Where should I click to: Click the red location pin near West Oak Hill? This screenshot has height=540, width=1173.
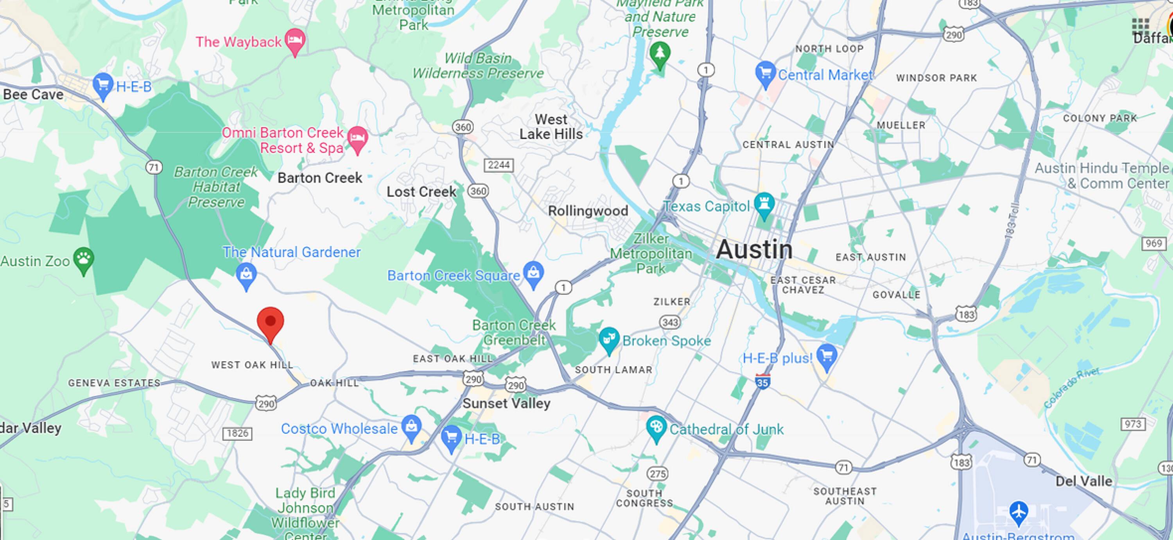pyautogui.click(x=271, y=322)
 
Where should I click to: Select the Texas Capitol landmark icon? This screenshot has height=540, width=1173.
pyautogui.click(x=764, y=205)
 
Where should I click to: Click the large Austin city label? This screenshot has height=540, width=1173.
pyautogui.click(x=754, y=249)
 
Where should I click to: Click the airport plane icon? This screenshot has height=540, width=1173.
pyautogui.click(x=1018, y=511)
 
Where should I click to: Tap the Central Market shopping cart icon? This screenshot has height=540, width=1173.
pyautogui.click(x=765, y=73)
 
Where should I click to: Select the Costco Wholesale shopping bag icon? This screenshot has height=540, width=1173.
pyautogui.click(x=411, y=426)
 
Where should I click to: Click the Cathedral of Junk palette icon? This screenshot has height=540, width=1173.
pyautogui.click(x=656, y=427)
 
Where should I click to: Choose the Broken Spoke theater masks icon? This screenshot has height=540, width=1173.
pyautogui.click(x=609, y=339)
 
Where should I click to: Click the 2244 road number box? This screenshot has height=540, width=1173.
pyautogui.click(x=499, y=165)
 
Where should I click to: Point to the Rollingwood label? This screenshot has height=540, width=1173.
pyautogui.click(x=588, y=211)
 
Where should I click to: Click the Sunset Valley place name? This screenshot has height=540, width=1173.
pyautogui.click(x=506, y=404)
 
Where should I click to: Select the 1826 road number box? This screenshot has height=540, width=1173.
pyautogui.click(x=237, y=433)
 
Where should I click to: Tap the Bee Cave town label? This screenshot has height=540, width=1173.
pyautogui.click(x=33, y=95)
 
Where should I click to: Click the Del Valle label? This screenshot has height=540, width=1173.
pyautogui.click(x=1084, y=481)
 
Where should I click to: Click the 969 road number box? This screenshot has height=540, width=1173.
pyautogui.click(x=1153, y=243)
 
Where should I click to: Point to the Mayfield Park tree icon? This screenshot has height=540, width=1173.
pyautogui.click(x=659, y=53)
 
